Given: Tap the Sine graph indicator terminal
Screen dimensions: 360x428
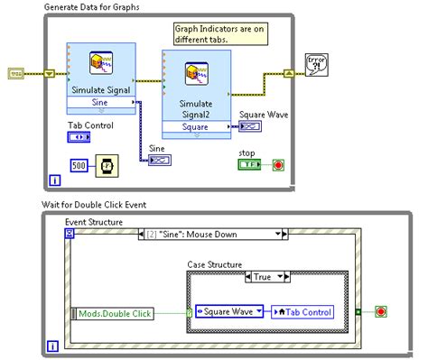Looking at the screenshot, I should [161, 160].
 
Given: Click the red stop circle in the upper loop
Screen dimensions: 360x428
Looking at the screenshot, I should [277, 166].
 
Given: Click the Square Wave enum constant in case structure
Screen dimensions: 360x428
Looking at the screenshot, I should [228, 312].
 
